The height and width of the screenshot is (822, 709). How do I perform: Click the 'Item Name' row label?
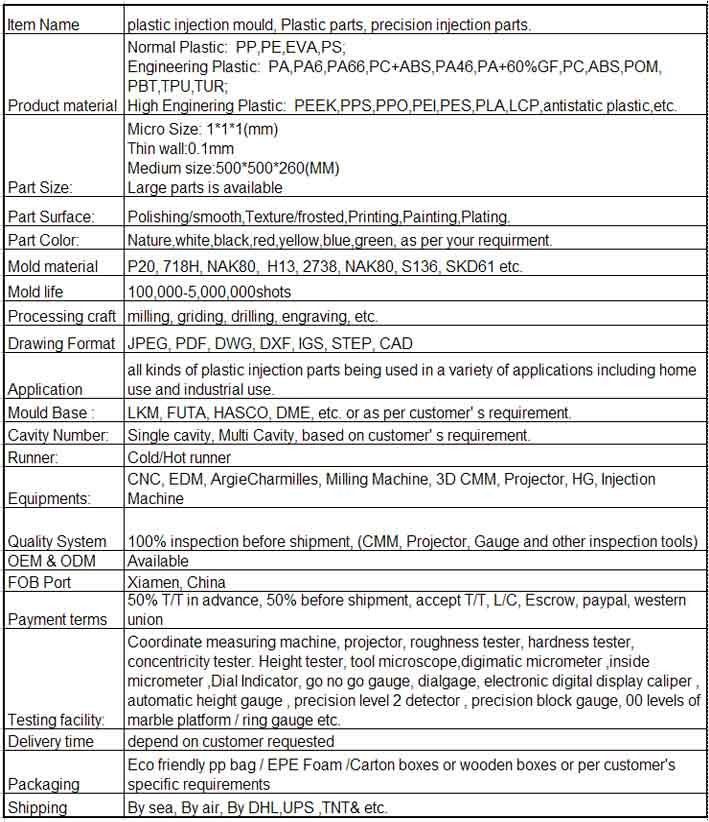pyautogui.click(x=44, y=24)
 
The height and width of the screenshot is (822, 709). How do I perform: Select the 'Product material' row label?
pyautogui.click(x=62, y=105)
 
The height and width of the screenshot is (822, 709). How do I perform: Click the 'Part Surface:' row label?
pyautogui.click(x=51, y=216)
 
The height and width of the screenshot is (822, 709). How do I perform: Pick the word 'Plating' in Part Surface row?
pyautogui.click(x=484, y=216)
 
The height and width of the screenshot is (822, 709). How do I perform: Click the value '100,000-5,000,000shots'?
pyautogui.click(x=207, y=291)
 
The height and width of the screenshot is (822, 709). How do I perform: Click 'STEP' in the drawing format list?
pyautogui.click(x=346, y=343)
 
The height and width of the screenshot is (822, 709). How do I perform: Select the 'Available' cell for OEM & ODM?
pyautogui.click(x=158, y=560)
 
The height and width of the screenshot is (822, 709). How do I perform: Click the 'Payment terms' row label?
pyautogui.click(x=57, y=619)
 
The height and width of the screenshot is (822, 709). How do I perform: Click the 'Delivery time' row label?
pyautogui.click(x=51, y=741)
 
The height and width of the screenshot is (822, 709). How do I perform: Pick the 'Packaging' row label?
pyautogui.click(x=43, y=785)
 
